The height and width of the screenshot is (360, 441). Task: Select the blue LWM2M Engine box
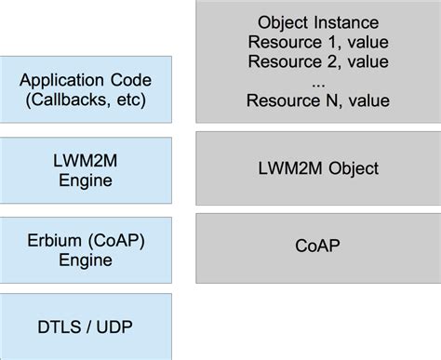pyautogui.click(x=87, y=171)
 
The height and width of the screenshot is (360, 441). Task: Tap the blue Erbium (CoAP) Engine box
pyautogui.click(x=87, y=248)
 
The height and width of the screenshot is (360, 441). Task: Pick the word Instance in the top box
pyautogui.click(x=350, y=22)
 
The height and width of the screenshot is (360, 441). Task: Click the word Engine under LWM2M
pyautogui.click(x=87, y=180)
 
